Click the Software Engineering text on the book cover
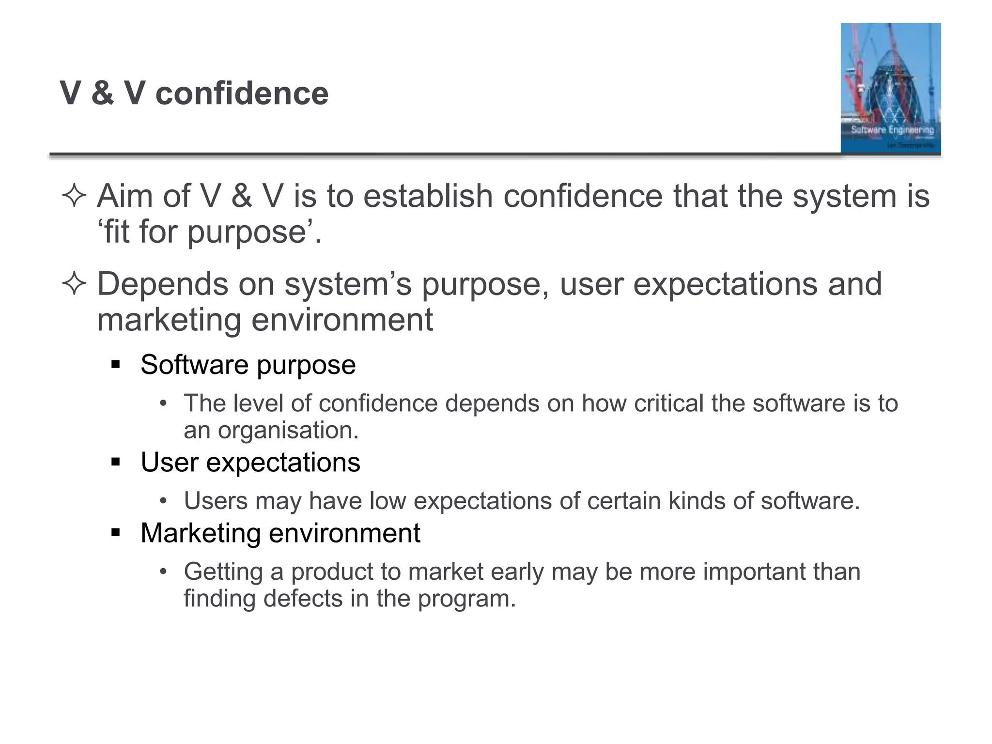tap(892, 130)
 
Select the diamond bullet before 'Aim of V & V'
tap(74, 197)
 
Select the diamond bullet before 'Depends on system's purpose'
tap(74, 284)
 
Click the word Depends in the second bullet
tap(162, 284)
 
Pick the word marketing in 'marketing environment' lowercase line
tap(169, 320)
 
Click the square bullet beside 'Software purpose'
tap(115, 364)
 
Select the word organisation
tap(288, 430)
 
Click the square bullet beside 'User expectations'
tap(115, 462)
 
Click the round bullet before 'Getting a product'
tap(164, 572)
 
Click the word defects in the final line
tap(303, 599)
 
